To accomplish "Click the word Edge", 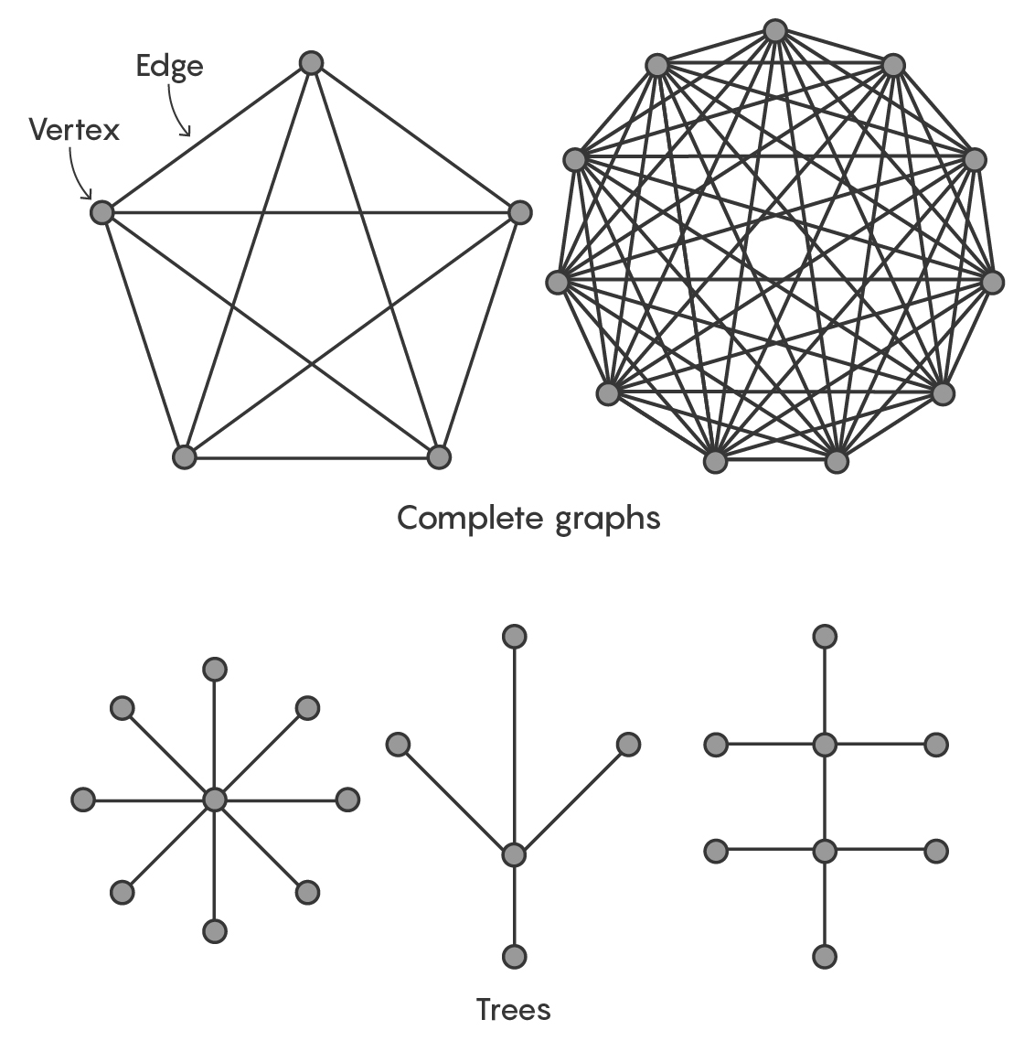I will click(x=169, y=67).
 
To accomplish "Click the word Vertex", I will click(x=74, y=130).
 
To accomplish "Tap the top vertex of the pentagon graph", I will click(x=311, y=63).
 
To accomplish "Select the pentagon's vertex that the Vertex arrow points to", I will click(x=101, y=212).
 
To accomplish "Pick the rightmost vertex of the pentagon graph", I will click(x=519, y=212).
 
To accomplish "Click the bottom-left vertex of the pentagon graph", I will click(x=184, y=456).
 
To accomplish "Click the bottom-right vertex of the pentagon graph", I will click(x=439, y=456).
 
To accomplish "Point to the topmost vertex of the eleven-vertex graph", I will click(x=774, y=31).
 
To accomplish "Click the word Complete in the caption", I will click(x=471, y=518).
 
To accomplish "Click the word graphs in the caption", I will click(x=607, y=520).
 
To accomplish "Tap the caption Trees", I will click(x=513, y=1009).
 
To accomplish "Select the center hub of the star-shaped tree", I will click(x=214, y=800).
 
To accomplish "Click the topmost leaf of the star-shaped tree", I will click(x=214, y=669).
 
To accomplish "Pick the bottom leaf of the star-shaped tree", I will click(x=214, y=930).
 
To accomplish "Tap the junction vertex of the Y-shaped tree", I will click(x=514, y=854).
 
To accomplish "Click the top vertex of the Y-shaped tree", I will click(x=514, y=636).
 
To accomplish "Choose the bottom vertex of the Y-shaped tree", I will click(x=514, y=956).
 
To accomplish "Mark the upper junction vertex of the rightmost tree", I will click(x=825, y=745).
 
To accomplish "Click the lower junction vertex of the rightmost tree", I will click(x=825, y=851).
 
